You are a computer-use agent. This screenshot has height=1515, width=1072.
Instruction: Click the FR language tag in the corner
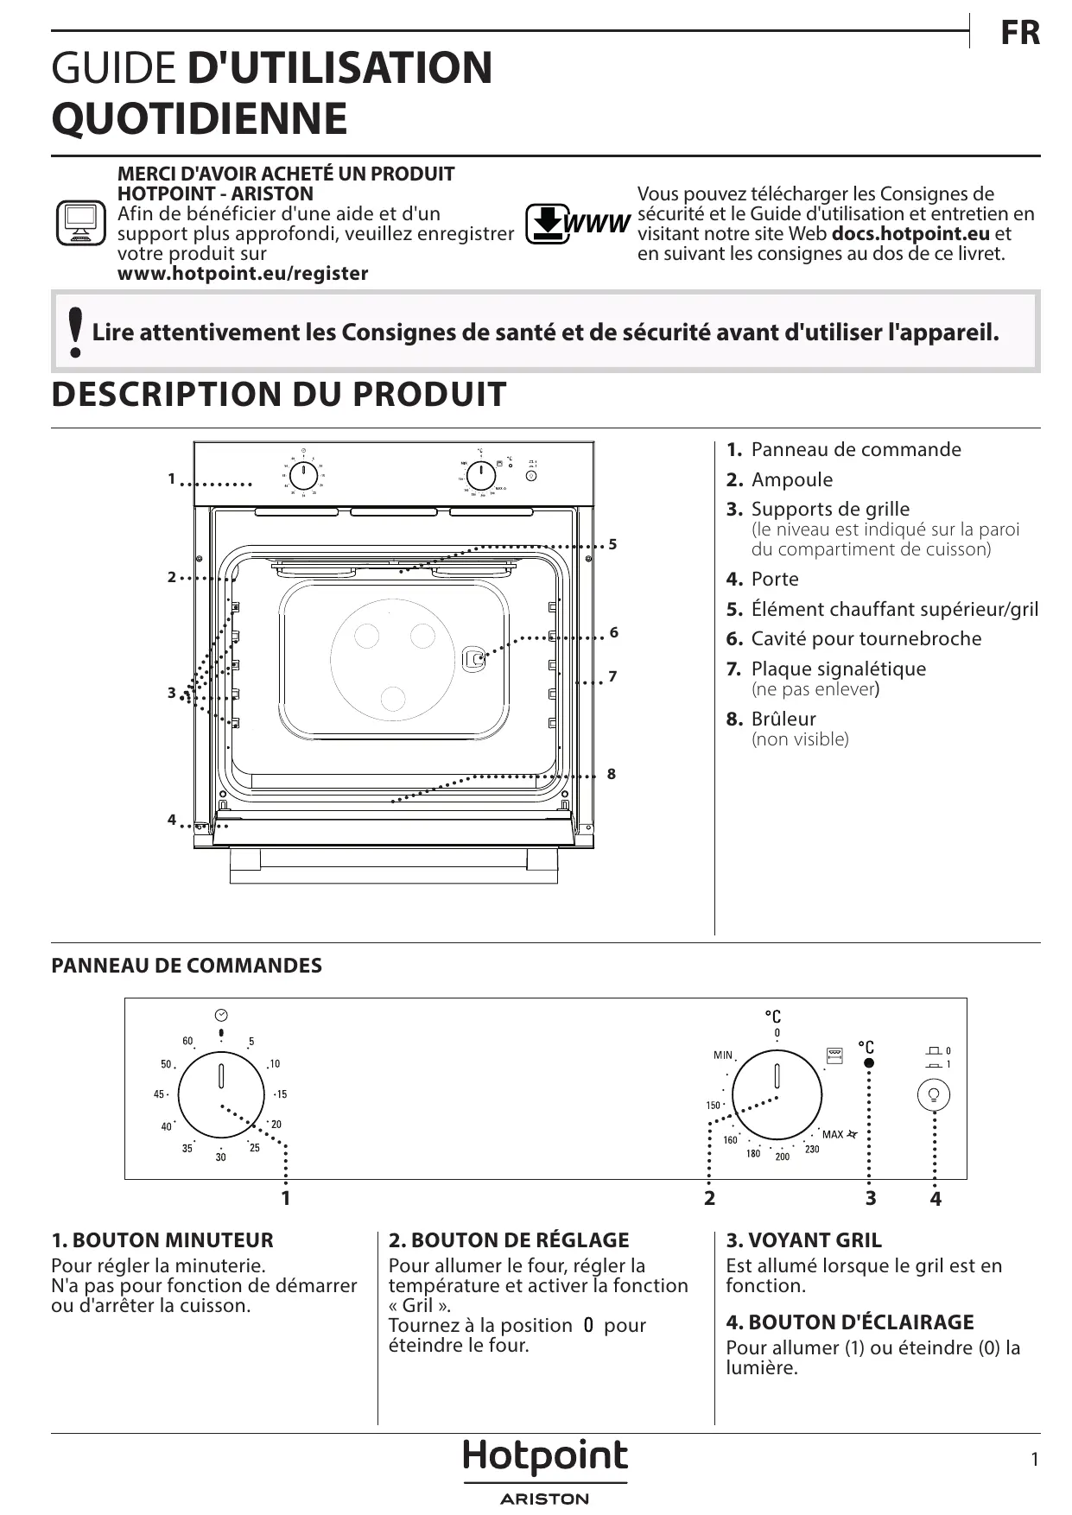(1019, 34)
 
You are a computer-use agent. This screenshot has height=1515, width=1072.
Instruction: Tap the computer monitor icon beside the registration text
(79, 223)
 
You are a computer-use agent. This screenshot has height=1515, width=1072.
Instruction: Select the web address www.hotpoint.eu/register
(243, 274)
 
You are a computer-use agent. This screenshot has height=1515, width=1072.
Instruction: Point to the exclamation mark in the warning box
(76, 332)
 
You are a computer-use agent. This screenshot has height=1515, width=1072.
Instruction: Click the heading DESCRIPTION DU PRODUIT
(279, 395)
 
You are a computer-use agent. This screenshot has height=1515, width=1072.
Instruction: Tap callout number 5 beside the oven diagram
(612, 544)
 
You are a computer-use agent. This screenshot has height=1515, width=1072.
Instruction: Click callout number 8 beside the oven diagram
(612, 774)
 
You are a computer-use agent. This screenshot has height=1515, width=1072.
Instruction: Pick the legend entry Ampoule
(791, 480)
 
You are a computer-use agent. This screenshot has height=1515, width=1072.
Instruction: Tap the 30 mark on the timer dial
(220, 1157)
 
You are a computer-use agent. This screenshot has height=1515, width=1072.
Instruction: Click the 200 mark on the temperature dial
(782, 1157)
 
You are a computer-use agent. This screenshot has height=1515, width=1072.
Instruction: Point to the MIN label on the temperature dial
(723, 1055)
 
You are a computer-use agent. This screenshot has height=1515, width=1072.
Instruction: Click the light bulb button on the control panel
(933, 1094)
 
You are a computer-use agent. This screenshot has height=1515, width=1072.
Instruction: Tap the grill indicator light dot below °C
(869, 1063)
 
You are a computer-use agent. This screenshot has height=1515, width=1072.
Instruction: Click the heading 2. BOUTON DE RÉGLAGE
(509, 1240)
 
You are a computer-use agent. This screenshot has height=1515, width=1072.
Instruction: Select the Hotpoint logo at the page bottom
(545, 1458)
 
